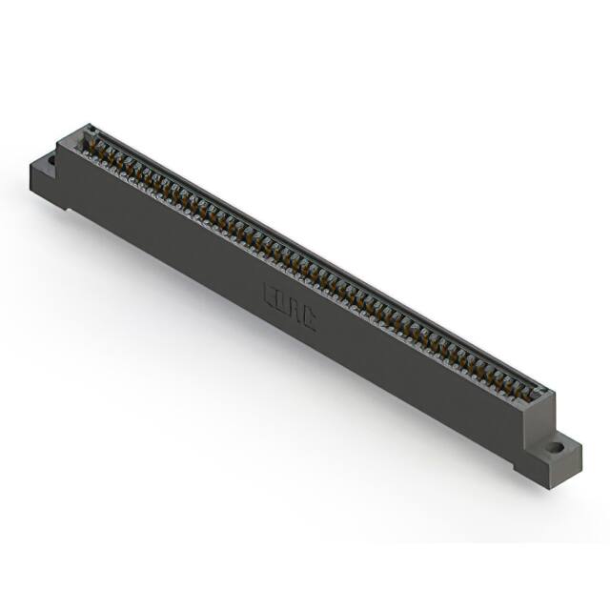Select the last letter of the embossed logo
click(308, 318)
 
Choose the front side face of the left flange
click(43, 186)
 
